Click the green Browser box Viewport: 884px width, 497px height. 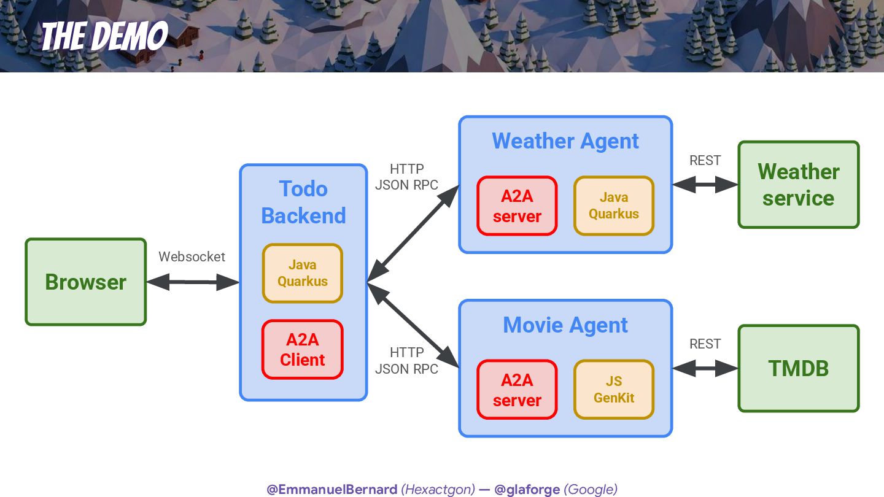[x=85, y=282]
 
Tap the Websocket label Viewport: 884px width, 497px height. [x=192, y=256]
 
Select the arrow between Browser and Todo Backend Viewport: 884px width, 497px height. [x=192, y=282]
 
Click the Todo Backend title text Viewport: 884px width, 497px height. [x=303, y=202]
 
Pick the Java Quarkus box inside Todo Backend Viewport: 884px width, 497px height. [x=303, y=273]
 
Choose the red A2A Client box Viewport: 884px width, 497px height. [x=303, y=350]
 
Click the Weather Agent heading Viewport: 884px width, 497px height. [x=565, y=141]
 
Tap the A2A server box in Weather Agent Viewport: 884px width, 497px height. [x=517, y=206]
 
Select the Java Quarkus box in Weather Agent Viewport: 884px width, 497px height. [x=614, y=206]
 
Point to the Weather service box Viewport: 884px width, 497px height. [x=798, y=185]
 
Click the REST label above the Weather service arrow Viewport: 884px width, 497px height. [x=705, y=160]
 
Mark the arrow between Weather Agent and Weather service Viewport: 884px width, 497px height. [x=705, y=184]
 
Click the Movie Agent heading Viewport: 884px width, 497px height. [x=565, y=325]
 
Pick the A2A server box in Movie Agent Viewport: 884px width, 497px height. [x=517, y=390]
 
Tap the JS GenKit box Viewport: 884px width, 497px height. [x=614, y=390]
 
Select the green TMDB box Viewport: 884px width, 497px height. [x=798, y=368]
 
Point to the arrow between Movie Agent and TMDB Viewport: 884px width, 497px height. [x=705, y=368]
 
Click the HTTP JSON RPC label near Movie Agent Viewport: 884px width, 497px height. [x=406, y=361]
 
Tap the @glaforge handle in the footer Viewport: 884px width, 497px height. [x=527, y=489]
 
